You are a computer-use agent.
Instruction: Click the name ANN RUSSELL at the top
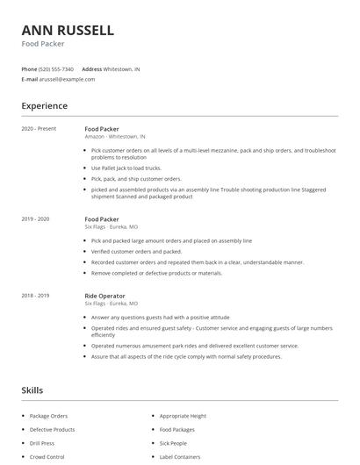tap(68, 30)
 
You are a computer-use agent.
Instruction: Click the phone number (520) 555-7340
tap(57, 68)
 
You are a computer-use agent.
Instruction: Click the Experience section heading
tap(44, 106)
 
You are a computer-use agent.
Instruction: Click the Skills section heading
tap(32, 390)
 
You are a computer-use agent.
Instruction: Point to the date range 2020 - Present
tap(39, 129)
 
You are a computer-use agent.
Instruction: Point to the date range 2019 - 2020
tap(35, 218)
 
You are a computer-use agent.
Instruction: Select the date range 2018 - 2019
tap(35, 297)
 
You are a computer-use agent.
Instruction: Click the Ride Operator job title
tap(104, 297)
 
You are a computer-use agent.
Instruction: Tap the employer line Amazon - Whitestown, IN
tap(115, 137)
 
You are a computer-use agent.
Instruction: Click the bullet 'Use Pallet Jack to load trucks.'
tap(126, 168)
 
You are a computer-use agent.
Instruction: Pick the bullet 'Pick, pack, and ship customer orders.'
tap(136, 178)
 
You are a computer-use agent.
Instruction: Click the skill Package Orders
tap(48, 416)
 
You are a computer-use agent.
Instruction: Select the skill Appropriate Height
tap(183, 416)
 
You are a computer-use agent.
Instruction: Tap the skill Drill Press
tap(43, 444)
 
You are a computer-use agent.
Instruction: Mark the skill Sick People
tap(173, 444)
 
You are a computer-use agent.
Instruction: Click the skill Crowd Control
tap(47, 457)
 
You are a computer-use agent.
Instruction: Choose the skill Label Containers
tap(180, 457)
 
